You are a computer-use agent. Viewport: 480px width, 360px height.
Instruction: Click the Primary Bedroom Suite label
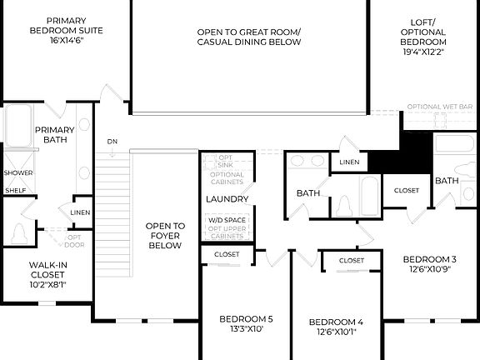(x=71, y=27)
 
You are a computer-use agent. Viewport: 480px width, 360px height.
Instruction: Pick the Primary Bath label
(x=54, y=136)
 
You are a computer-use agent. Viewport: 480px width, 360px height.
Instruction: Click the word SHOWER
(x=18, y=173)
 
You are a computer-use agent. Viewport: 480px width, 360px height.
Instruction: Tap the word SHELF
(x=15, y=190)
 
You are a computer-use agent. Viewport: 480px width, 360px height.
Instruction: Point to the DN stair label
(x=112, y=142)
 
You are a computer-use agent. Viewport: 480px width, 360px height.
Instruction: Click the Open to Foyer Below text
(x=165, y=236)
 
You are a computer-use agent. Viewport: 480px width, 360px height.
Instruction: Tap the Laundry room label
(x=227, y=199)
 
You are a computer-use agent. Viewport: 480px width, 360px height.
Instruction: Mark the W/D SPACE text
(x=227, y=220)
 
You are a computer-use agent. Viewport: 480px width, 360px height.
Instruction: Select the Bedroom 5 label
(x=246, y=323)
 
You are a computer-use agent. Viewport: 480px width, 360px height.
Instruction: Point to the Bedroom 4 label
(x=336, y=327)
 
